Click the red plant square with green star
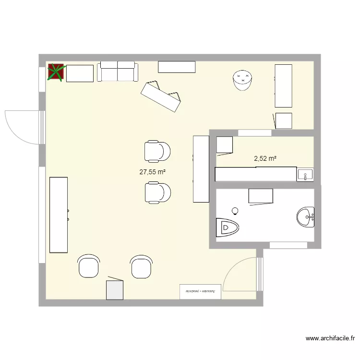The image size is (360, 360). tap(56, 72)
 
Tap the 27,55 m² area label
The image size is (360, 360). tap(153, 171)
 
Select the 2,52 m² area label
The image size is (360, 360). tap(265, 158)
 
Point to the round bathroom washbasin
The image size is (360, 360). tap(305, 217)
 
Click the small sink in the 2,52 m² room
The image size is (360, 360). tap(305, 175)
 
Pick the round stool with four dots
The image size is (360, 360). tap(242, 80)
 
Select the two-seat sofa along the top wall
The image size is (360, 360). tap(117, 72)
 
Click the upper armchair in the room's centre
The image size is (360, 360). tap(157, 151)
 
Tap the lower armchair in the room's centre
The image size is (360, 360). tap(157, 192)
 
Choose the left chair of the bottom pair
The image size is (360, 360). tap(89, 266)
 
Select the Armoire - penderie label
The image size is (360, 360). tap(200, 291)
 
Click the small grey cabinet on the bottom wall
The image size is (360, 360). tap(115, 289)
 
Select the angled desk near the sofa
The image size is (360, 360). tap(161, 96)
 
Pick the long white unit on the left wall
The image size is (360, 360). tap(59, 215)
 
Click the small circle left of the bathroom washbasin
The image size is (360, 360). tap(235, 210)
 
